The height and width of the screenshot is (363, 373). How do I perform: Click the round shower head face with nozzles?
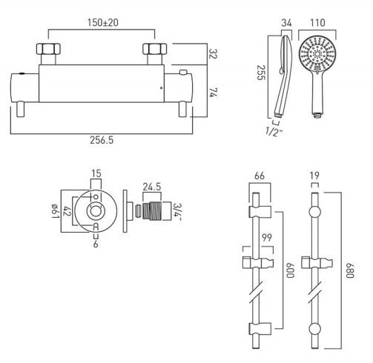pyautogui.click(x=318, y=57)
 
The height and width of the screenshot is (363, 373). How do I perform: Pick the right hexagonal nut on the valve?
pyautogui.click(x=154, y=53)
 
